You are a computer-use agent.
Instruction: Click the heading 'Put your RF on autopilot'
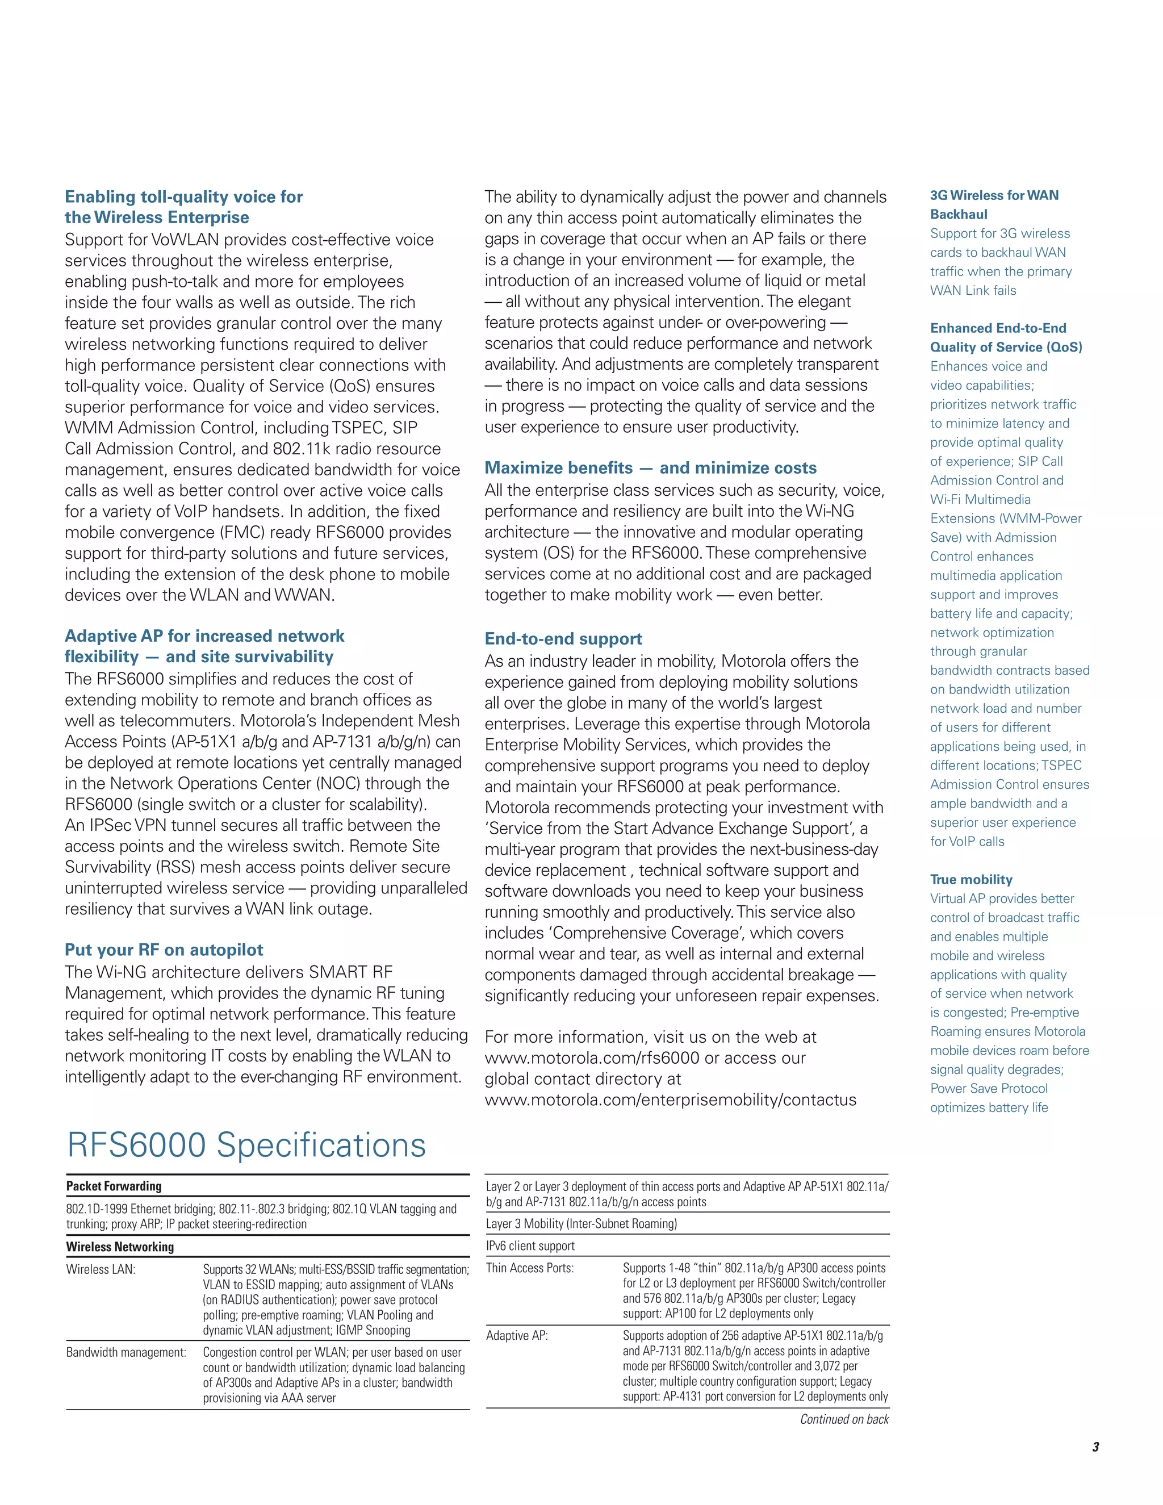[164, 950]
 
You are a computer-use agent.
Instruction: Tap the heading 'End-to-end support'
[563, 639]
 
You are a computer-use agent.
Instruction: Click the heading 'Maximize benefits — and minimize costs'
[650, 468]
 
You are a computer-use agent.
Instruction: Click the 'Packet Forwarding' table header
[114, 1186]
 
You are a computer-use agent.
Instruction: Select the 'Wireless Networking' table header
[120, 1247]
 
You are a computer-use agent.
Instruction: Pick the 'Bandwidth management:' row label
[126, 1352]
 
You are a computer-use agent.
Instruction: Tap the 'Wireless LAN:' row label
[101, 1269]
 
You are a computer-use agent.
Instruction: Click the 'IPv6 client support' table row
[530, 1246]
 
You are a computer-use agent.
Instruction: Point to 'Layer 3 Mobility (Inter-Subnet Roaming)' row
[581, 1224]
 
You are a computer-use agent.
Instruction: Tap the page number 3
[1095, 1447]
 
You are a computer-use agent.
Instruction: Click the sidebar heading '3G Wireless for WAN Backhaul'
[994, 204]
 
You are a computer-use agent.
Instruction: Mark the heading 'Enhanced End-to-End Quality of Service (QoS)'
[1005, 338]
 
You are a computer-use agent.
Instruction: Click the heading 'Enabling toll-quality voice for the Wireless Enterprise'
[183, 207]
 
